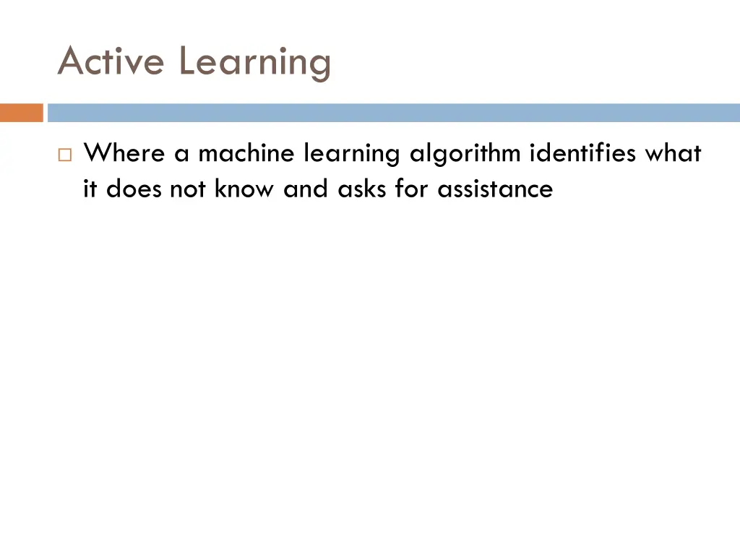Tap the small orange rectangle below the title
tap(22, 113)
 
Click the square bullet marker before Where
tap(65, 155)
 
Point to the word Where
tap(124, 153)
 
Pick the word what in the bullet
tap(673, 153)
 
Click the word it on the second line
tap(90, 189)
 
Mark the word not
tap(188, 189)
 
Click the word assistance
tap(495, 189)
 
